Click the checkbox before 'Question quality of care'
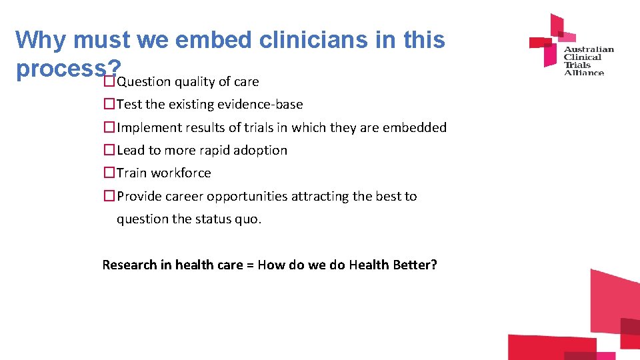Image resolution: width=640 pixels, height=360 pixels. pyautogui.click(x=109, y=82)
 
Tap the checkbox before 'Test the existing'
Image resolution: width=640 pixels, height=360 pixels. pyautogui.click(x=109, y=105)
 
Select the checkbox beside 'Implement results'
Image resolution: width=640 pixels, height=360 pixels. pyautogui.click(x=109, y=127)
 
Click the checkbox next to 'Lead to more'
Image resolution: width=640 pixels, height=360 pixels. pyautogui.click(x=109, y=151)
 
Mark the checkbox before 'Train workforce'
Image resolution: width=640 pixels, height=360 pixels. pyautogui.click(x=109, y=173)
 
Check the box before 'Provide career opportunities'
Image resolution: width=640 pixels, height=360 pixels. pyautogui.click(x=109, y=197)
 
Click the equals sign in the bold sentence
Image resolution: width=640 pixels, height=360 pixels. pyautogui.click(x=250, y=265)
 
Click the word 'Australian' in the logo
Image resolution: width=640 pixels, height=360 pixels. pyautogui.click(x=589, y=49)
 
